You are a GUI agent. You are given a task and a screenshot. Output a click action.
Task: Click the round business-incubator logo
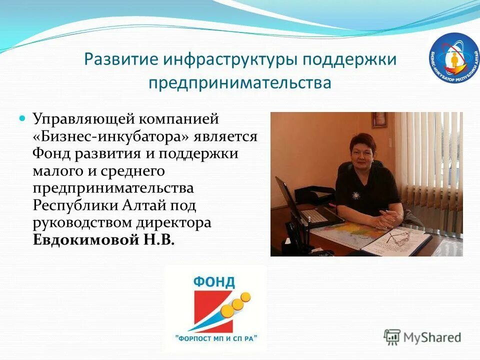(453, 58)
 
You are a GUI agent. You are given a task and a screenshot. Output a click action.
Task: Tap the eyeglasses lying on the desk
(399, 237)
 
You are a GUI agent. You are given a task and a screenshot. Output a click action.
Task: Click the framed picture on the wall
(379, 119)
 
